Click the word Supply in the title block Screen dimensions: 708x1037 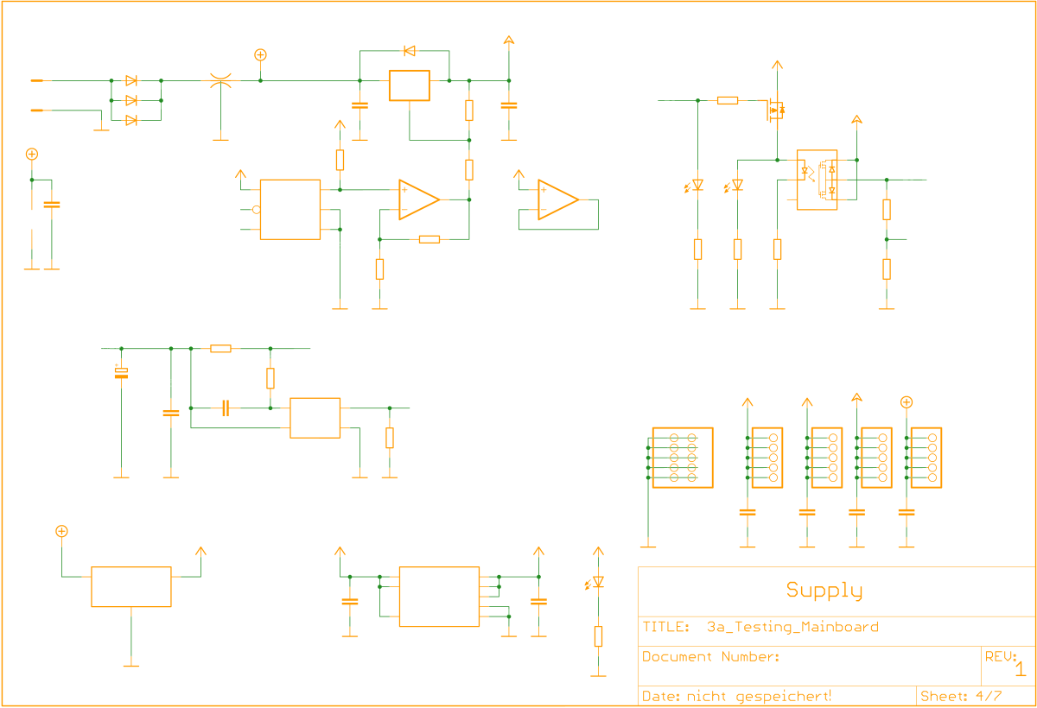(x=824, y=591)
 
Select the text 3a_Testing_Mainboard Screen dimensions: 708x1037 (x=792, y=627)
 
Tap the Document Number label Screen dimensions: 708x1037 (x=710, y=657)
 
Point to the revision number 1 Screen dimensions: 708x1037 (x=1020, y=669)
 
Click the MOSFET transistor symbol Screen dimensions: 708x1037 (x=775, y=110)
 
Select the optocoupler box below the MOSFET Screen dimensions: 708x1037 (x=817, y=180)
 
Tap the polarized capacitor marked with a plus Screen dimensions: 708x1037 (x=121, y=372)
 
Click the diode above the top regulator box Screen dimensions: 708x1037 (x=409, y=50)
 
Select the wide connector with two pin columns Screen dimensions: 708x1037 (x=682, y=458)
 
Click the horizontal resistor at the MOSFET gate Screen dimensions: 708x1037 (x=728, y=100)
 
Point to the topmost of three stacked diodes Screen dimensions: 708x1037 (x=131, y=80)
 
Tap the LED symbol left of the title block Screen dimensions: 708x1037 (x=596, y=583)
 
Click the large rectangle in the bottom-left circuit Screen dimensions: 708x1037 (x=131, y=587)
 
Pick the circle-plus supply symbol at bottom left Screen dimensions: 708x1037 (x=61, y=531)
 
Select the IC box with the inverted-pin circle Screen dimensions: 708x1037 (x=290, y=209)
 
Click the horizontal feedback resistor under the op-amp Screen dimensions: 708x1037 (x=429, y=239)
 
